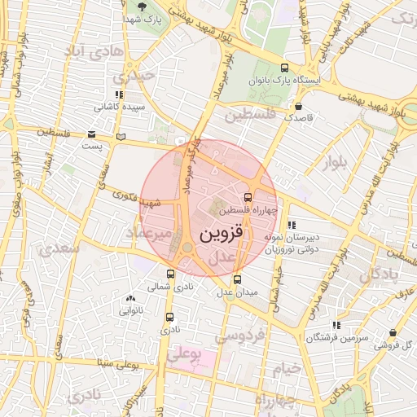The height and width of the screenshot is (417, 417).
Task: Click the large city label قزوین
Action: tap(199, 234)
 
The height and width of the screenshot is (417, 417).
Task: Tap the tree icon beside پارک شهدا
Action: tap(143, 7)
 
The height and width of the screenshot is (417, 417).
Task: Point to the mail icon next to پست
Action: tap(91, 134)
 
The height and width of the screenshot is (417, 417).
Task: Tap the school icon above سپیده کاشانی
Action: tap(119, 94)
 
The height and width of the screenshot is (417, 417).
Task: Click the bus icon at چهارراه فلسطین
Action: tap(248, 196)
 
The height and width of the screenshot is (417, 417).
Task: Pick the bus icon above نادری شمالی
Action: tap(170, 274)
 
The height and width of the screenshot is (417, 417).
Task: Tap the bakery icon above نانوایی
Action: tap(131, 299)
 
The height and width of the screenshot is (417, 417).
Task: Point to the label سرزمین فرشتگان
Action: tap(335, 336)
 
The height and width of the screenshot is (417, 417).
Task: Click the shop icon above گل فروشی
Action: tap(393, 333)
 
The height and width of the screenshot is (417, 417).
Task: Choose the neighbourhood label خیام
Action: tap(287, 368)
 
